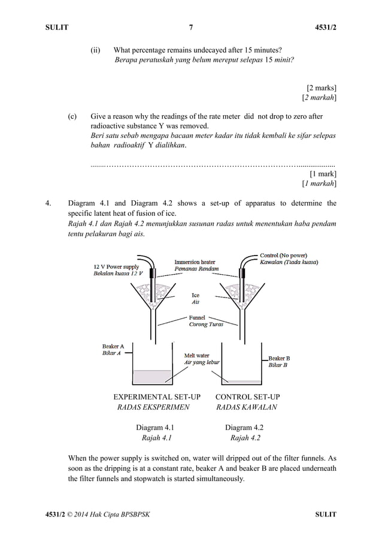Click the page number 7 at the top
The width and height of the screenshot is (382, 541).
(x=191, y=28)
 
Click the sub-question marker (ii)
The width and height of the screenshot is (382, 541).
(x=96, y=50)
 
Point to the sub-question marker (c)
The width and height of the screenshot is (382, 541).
(x=72, y=116)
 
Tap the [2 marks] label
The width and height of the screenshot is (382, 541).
(x=321, y=87)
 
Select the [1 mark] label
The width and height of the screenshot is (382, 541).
(x=323, y=173)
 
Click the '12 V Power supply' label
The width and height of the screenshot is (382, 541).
(x=116, y=266)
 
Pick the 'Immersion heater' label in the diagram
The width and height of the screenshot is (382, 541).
(x=195, y=262)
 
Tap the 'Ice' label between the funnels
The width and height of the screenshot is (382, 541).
(x=195, y=295)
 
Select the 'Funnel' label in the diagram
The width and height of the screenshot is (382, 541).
(x=197, y=317)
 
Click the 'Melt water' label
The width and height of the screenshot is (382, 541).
(x=196, y=356)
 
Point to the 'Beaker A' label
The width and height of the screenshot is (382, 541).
(x=113, y=346)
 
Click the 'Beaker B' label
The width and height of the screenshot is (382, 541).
(x=279, y=358)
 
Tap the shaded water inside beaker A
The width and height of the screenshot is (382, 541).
(x=152, y=377)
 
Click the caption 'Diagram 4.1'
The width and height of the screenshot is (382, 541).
(x=154, y=428)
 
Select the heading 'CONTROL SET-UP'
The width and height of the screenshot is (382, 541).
(x=247, y=397)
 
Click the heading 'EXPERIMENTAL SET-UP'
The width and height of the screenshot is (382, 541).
(x=157, y=397)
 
